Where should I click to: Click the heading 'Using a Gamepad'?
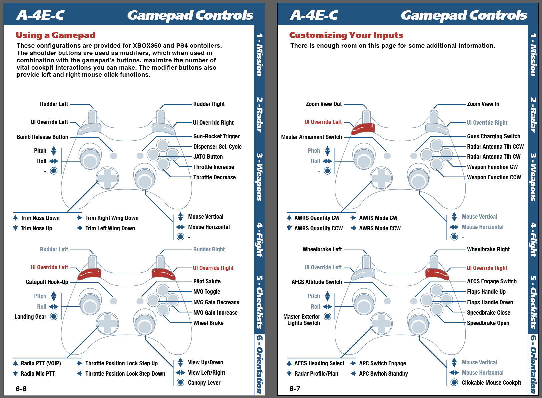click(55, 35)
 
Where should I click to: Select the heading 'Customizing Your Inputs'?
click(346, 35)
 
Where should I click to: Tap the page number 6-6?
click(21, 389)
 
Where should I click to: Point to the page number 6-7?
click(295, 389)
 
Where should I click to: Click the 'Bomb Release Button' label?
click(42, 137)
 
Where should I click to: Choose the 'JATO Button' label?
click(208, 157)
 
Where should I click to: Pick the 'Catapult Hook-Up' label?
click(47, 282)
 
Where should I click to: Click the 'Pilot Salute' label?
click(207, 281)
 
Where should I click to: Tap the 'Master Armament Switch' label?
click(311, 137)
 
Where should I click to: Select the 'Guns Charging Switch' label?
click(494, 136)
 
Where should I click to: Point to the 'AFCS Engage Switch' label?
click(492, 281)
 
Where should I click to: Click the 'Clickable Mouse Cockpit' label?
click(491, 383)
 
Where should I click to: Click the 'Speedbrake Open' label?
click(488, 323)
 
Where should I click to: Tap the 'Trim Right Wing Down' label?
click(112, 218)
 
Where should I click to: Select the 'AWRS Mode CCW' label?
click(380, 228)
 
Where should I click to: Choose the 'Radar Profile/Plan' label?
click(316, 374)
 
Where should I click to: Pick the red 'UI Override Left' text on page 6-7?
click(323, 122)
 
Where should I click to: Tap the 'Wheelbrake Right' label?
click(488, 249)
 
